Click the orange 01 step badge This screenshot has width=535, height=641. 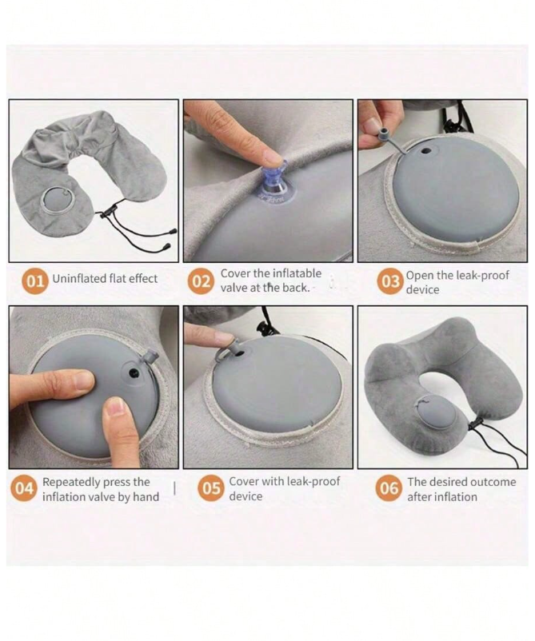click(x=34, y=281)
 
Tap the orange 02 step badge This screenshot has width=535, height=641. click(x=201, y=281)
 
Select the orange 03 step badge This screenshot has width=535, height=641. click(x=390, y=281)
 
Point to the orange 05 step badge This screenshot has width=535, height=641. click(x=210, y=488)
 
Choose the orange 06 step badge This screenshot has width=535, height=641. click(x=388, y=488)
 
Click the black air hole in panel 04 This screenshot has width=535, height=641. click(x=134, y=372)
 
